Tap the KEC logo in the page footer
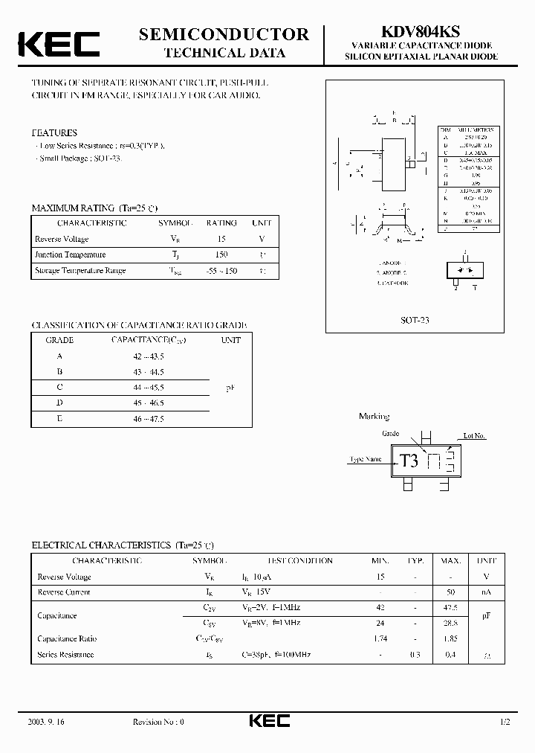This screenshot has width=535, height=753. [x=268, y=721]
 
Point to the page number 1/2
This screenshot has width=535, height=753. [x=505, y=722]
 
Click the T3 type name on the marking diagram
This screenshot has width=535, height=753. [x=409, y=461]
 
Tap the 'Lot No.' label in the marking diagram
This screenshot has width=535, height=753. [x=474, y=436]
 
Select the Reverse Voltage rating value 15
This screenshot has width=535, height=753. [x=221, y=239]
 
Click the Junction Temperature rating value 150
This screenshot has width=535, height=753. [x=221, y=254]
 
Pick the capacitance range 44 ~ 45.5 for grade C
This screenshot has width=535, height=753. [x=148, y=388]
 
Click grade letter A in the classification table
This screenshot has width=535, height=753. [x=59, y=356]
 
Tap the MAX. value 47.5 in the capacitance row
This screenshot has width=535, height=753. [x=449, y=608]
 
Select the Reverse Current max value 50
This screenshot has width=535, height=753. [x=450, y=592]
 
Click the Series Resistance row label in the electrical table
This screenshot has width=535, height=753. [x=65, y=655]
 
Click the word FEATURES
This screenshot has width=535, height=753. [x=54, y=132]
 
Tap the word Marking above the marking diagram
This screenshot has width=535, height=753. [x=374, y=417]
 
